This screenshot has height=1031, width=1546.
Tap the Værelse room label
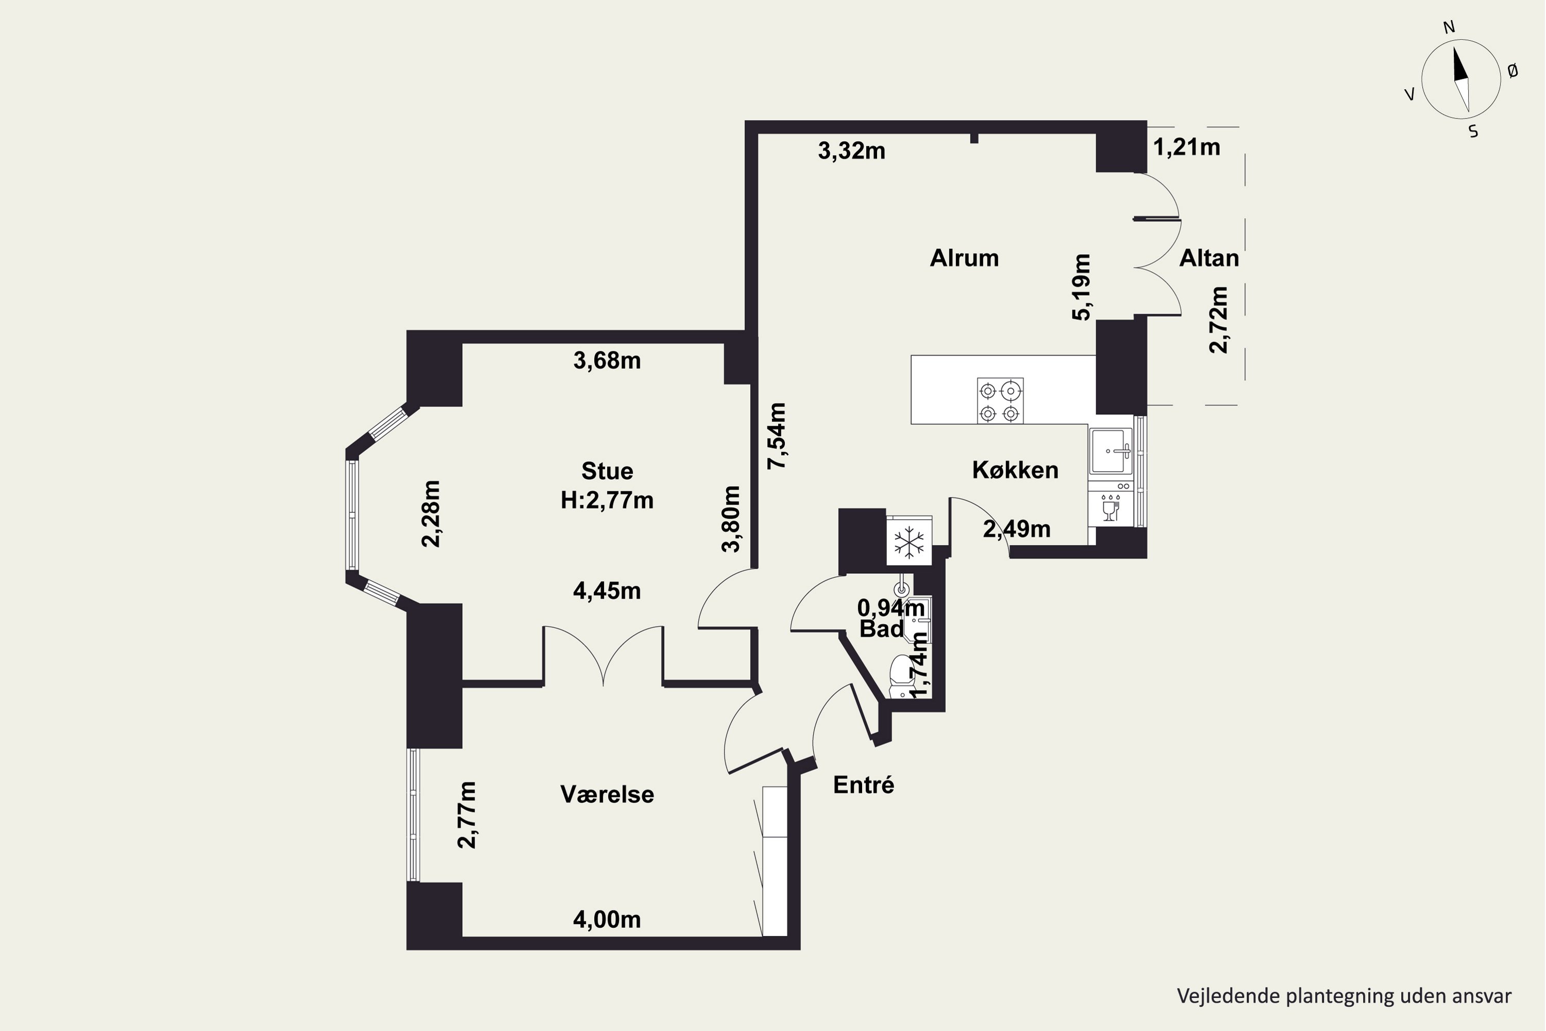tap(607, 794)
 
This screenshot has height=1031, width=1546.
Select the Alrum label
tap(964, 258)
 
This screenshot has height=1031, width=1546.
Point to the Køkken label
tap(1015, 470)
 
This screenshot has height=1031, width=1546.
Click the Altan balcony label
tap(1209, 258)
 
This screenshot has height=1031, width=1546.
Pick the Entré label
tap(863, 785)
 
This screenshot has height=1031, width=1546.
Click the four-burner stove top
tap(1000, 401)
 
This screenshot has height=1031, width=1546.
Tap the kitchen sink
tap(1111, 451)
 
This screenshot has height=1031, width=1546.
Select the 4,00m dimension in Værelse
tap(607, 919)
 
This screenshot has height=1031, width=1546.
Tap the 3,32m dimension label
tap(851, 151)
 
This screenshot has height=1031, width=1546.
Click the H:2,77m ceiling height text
tap(607, 501)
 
